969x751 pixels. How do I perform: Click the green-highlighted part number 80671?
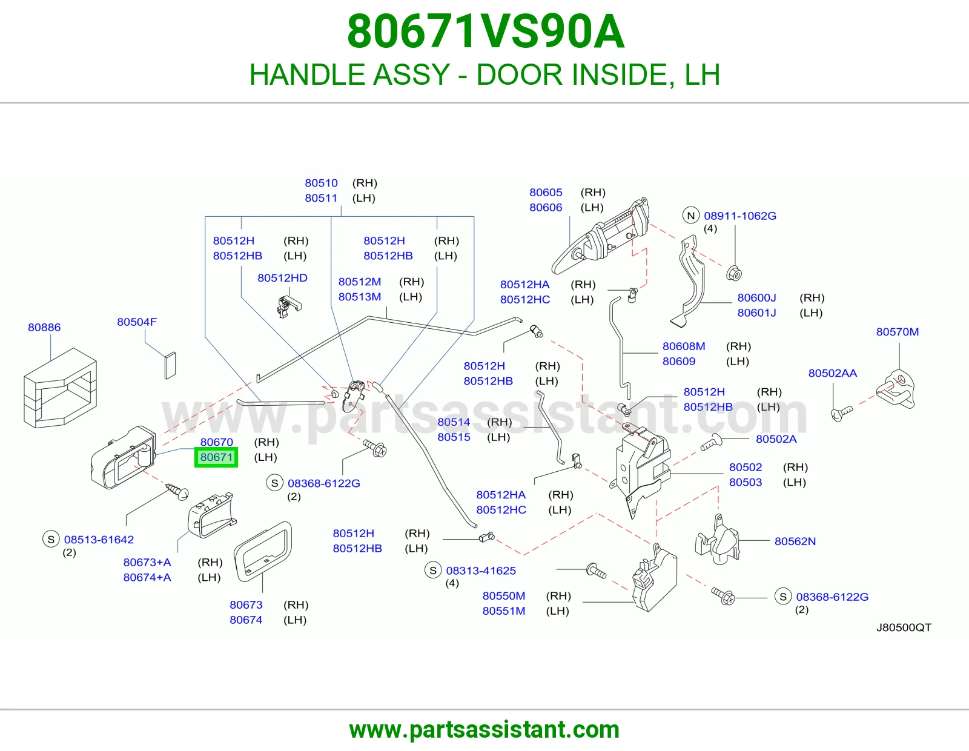(216, 457)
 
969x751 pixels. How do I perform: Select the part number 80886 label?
(44, 327)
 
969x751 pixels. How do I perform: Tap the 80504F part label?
(137, 322)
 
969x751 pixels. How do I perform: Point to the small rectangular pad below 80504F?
(170, 366)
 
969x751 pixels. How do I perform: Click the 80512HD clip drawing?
(288, 306)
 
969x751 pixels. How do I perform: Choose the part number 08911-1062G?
(740, 216)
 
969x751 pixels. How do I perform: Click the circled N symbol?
(691, 216)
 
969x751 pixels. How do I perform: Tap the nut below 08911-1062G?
(733, 273)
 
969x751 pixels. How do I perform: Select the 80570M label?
(897, 332)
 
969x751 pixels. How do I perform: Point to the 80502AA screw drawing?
(841, 413)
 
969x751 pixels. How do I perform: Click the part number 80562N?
(795, 541)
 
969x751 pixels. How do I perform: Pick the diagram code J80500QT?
(904, 627)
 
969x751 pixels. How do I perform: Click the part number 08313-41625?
(481, 571)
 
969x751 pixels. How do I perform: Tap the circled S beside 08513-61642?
(51, 539)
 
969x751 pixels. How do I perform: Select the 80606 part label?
(546, 207)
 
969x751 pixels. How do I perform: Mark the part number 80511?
(321, 198)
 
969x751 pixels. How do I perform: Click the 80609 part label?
(679, 361)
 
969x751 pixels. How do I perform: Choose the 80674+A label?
(147, 577)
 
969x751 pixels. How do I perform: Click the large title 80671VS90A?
(486, 31)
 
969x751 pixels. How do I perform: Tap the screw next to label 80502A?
(711, 442)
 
